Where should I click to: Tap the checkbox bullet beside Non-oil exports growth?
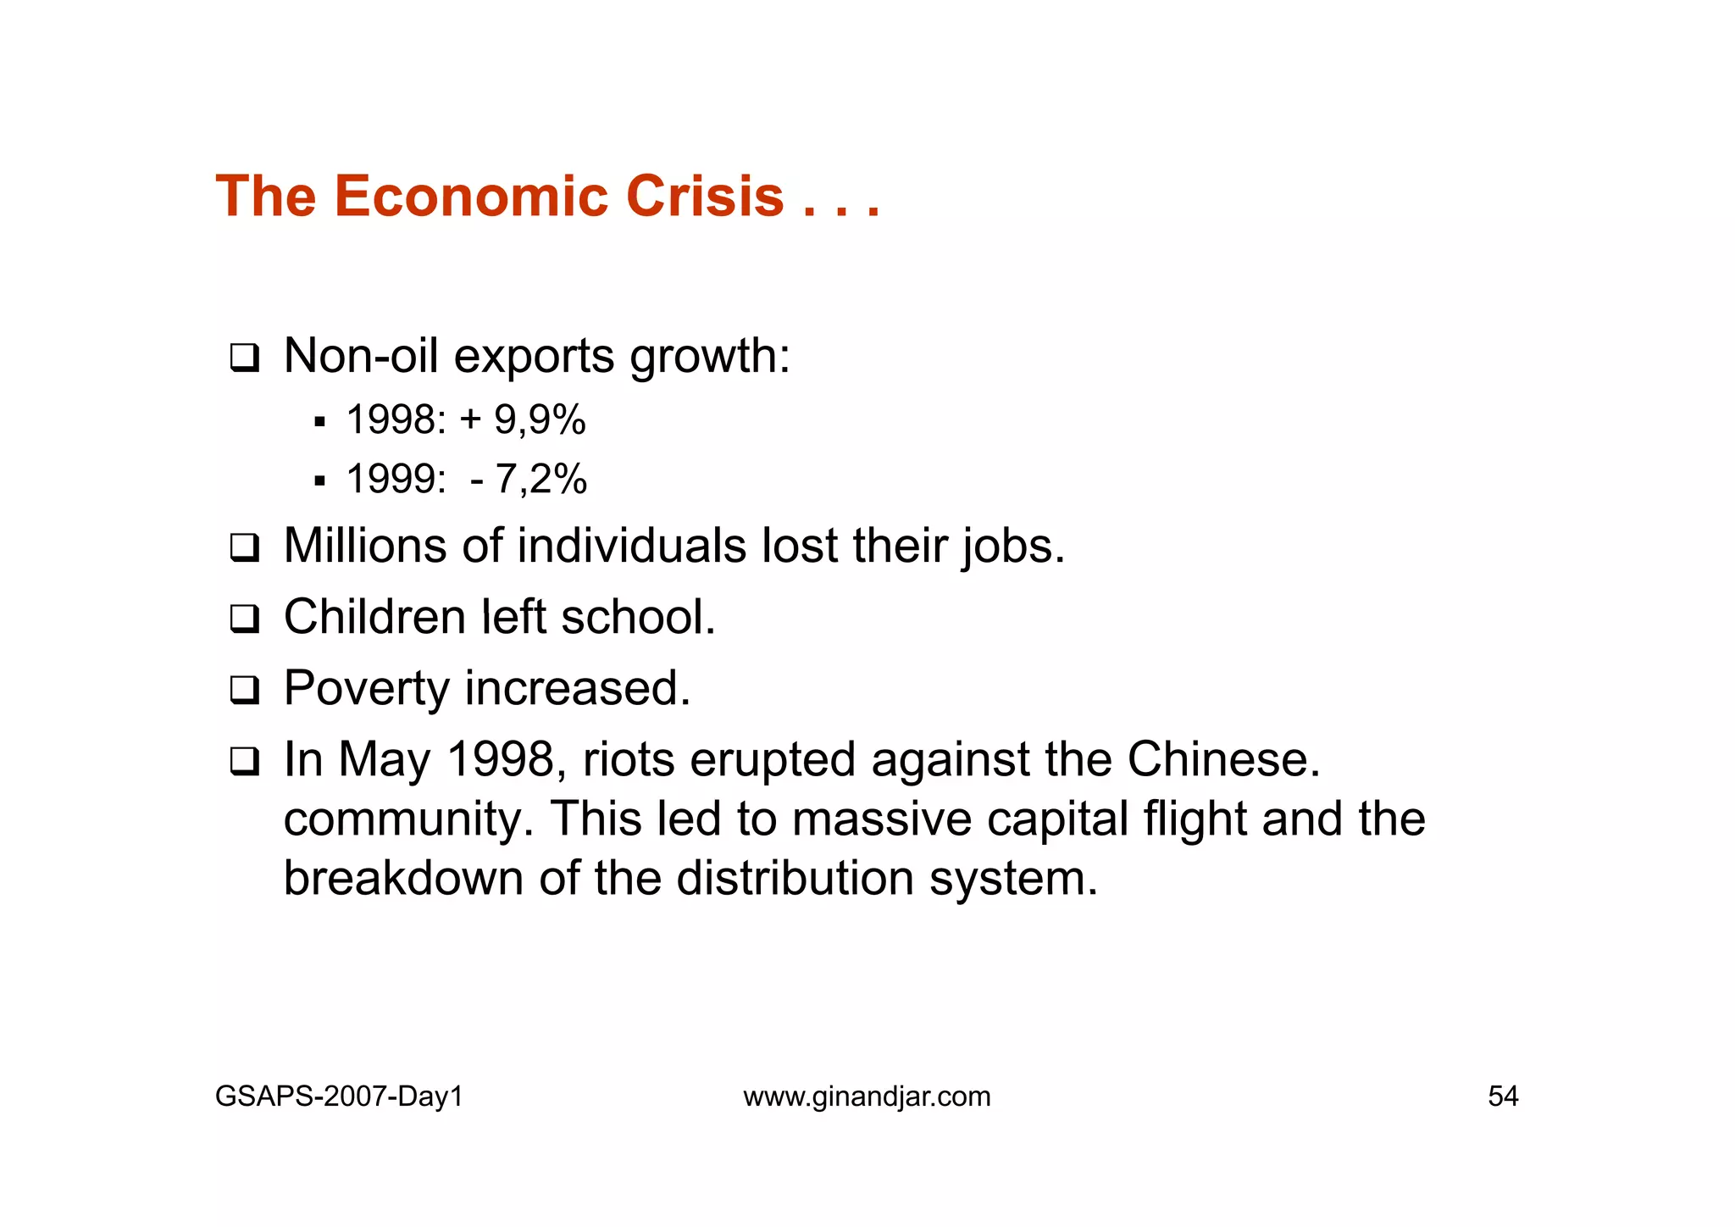(x=244, y=358)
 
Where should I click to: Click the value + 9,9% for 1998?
(x=523, y=420)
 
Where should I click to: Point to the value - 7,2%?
(x=529, y=480)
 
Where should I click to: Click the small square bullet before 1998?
(x=319, y=421)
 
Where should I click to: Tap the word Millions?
(x=365, y=546)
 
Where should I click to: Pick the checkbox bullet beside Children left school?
(x=244, y=619)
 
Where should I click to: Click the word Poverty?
(x=366, y=689)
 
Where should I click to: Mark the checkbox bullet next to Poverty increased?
(x=244, y=690)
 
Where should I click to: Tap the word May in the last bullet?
(x=385, y=760)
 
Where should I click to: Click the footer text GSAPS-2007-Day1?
(x=339, y=1097)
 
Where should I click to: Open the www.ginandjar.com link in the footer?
(x=867, y=1097)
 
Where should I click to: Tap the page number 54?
(x=1503, y=1097)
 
